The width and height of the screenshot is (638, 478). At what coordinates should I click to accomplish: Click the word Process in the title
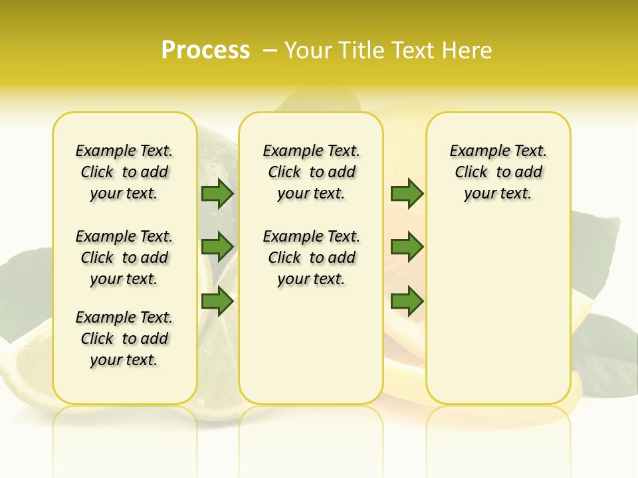[x=205, y=50]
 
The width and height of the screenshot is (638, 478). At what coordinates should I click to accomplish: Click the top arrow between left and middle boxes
[x=217, y=194]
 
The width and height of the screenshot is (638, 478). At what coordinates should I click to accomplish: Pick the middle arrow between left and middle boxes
[x=217, y=247]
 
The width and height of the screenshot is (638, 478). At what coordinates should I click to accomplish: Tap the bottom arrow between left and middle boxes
[x=217, y=301]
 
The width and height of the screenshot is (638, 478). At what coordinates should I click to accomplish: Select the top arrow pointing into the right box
[x=407, y=194]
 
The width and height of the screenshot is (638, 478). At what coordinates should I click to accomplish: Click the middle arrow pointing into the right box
[x=407, y=247]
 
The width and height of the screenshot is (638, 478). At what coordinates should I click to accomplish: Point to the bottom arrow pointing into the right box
[x=407, y=301]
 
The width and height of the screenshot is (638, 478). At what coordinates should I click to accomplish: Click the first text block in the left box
[x=124, y=172]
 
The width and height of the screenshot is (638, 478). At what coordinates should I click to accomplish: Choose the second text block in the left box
[x=124, y=258]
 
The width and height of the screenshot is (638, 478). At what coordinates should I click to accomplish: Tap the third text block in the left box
[x=124, y=339]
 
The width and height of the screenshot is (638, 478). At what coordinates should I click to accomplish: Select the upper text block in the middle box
[x=311, y=172]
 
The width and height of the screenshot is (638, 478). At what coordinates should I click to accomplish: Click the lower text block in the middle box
[x=311, y=258]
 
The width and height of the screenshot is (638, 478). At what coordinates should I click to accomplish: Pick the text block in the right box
[x=498, y=172]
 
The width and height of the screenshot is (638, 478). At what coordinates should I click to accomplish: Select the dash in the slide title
[x=270, y=50]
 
